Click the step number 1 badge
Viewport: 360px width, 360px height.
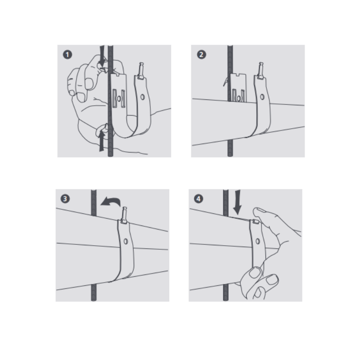67,54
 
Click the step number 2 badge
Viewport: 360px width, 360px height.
201,54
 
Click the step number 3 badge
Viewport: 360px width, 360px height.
65,198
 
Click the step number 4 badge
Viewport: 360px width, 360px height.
198,198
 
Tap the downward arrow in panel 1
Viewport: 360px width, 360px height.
102,56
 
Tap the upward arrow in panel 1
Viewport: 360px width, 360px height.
102,141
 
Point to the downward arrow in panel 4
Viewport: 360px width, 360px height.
237,202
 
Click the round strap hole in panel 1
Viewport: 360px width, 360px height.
143,97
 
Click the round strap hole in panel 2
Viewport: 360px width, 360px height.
262,97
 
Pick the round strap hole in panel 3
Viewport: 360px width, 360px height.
126,241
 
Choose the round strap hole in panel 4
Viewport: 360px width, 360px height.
257,241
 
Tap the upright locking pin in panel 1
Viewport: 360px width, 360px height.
140,71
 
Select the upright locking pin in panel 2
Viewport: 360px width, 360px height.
260,71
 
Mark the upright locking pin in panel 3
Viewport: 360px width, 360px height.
124,215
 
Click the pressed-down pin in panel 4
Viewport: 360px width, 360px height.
255,222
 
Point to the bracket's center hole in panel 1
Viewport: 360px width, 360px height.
119,99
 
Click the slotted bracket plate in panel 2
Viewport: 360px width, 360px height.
238,87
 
